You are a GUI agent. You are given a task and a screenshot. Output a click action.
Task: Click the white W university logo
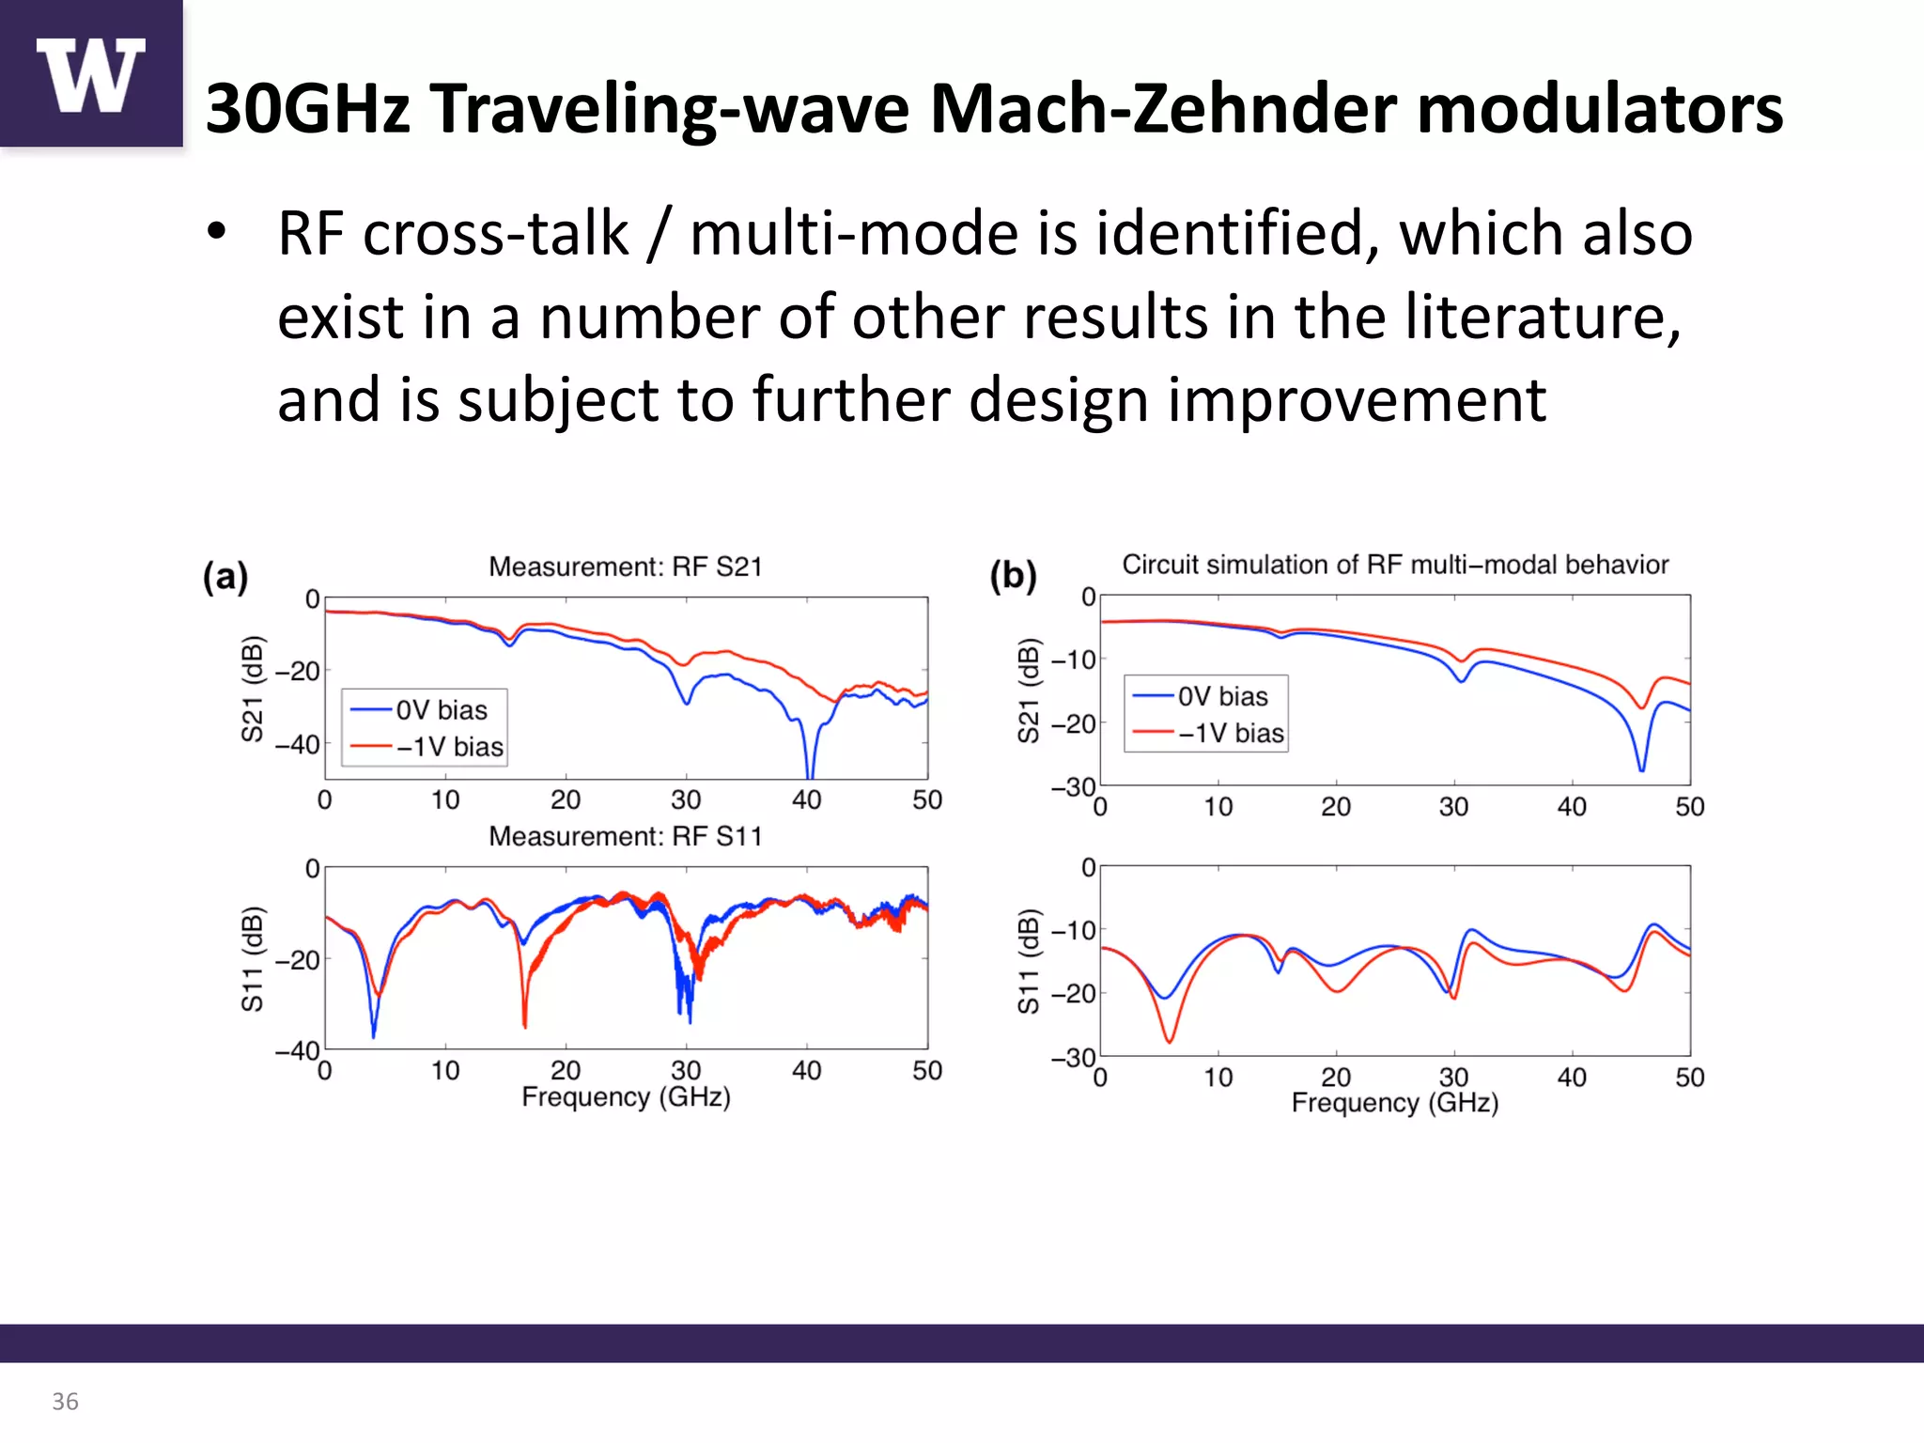(91, 75)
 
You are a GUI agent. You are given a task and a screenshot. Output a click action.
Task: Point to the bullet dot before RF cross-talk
(217, 232)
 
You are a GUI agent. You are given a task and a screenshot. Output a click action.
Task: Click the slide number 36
(65, 1401)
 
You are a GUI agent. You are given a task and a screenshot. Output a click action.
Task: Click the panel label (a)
(225, 576)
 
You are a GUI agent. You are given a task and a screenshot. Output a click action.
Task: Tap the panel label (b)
(1013, 574)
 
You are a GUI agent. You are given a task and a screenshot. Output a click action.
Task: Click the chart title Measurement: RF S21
(625, 566)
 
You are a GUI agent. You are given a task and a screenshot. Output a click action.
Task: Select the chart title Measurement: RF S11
(625, 836)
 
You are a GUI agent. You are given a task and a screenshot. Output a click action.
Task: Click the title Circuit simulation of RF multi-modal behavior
(1395, 565)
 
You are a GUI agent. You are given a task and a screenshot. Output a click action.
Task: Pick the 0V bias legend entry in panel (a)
(423, 710)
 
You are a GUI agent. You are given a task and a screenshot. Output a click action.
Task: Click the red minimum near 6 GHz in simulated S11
(1170, 1040)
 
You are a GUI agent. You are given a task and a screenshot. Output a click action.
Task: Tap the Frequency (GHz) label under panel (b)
(1394, 1103)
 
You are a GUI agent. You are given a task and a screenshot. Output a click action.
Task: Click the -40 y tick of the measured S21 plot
(298, 745)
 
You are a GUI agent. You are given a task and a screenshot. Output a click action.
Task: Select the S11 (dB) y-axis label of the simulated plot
(1029, 960)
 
